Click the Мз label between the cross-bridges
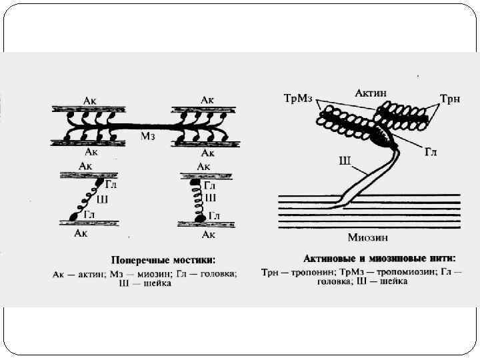pos(148,137)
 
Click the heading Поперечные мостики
pos(158,260)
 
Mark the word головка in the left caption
pos(215,273)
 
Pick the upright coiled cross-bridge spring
pos(197,199)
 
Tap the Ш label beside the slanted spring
pos(101,199)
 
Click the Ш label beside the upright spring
pos(211,198)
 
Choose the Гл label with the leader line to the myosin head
pos(431,153)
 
